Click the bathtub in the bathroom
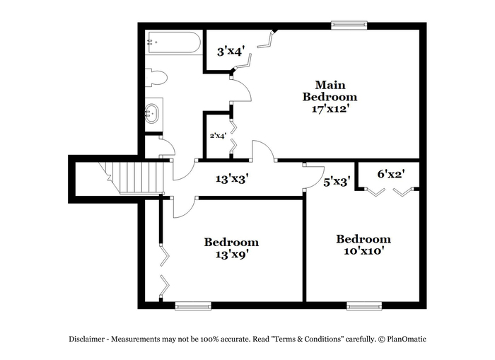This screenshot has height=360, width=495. click(174, 42)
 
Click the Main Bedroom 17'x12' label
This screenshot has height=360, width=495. click(330, 97)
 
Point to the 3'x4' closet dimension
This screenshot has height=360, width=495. click(230, 52)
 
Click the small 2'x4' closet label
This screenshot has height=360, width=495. click(218, 136)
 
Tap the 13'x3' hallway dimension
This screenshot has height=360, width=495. click(232, 179)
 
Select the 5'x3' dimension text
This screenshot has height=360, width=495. click(337, 182)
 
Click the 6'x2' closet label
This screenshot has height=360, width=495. click(391, 174)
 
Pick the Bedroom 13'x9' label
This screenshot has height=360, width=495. click(231, 248)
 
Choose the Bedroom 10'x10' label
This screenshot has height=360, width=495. click(363, 245)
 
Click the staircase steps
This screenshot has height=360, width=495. click(136, 178)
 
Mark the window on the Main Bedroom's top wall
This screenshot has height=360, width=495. click(349, 25)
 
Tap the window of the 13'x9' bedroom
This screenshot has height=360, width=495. click(193, 306)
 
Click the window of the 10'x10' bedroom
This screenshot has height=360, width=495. click(364, 306)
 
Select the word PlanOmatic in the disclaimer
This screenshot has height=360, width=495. click(407, 339)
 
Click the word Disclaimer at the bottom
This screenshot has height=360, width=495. click(87, 339)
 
